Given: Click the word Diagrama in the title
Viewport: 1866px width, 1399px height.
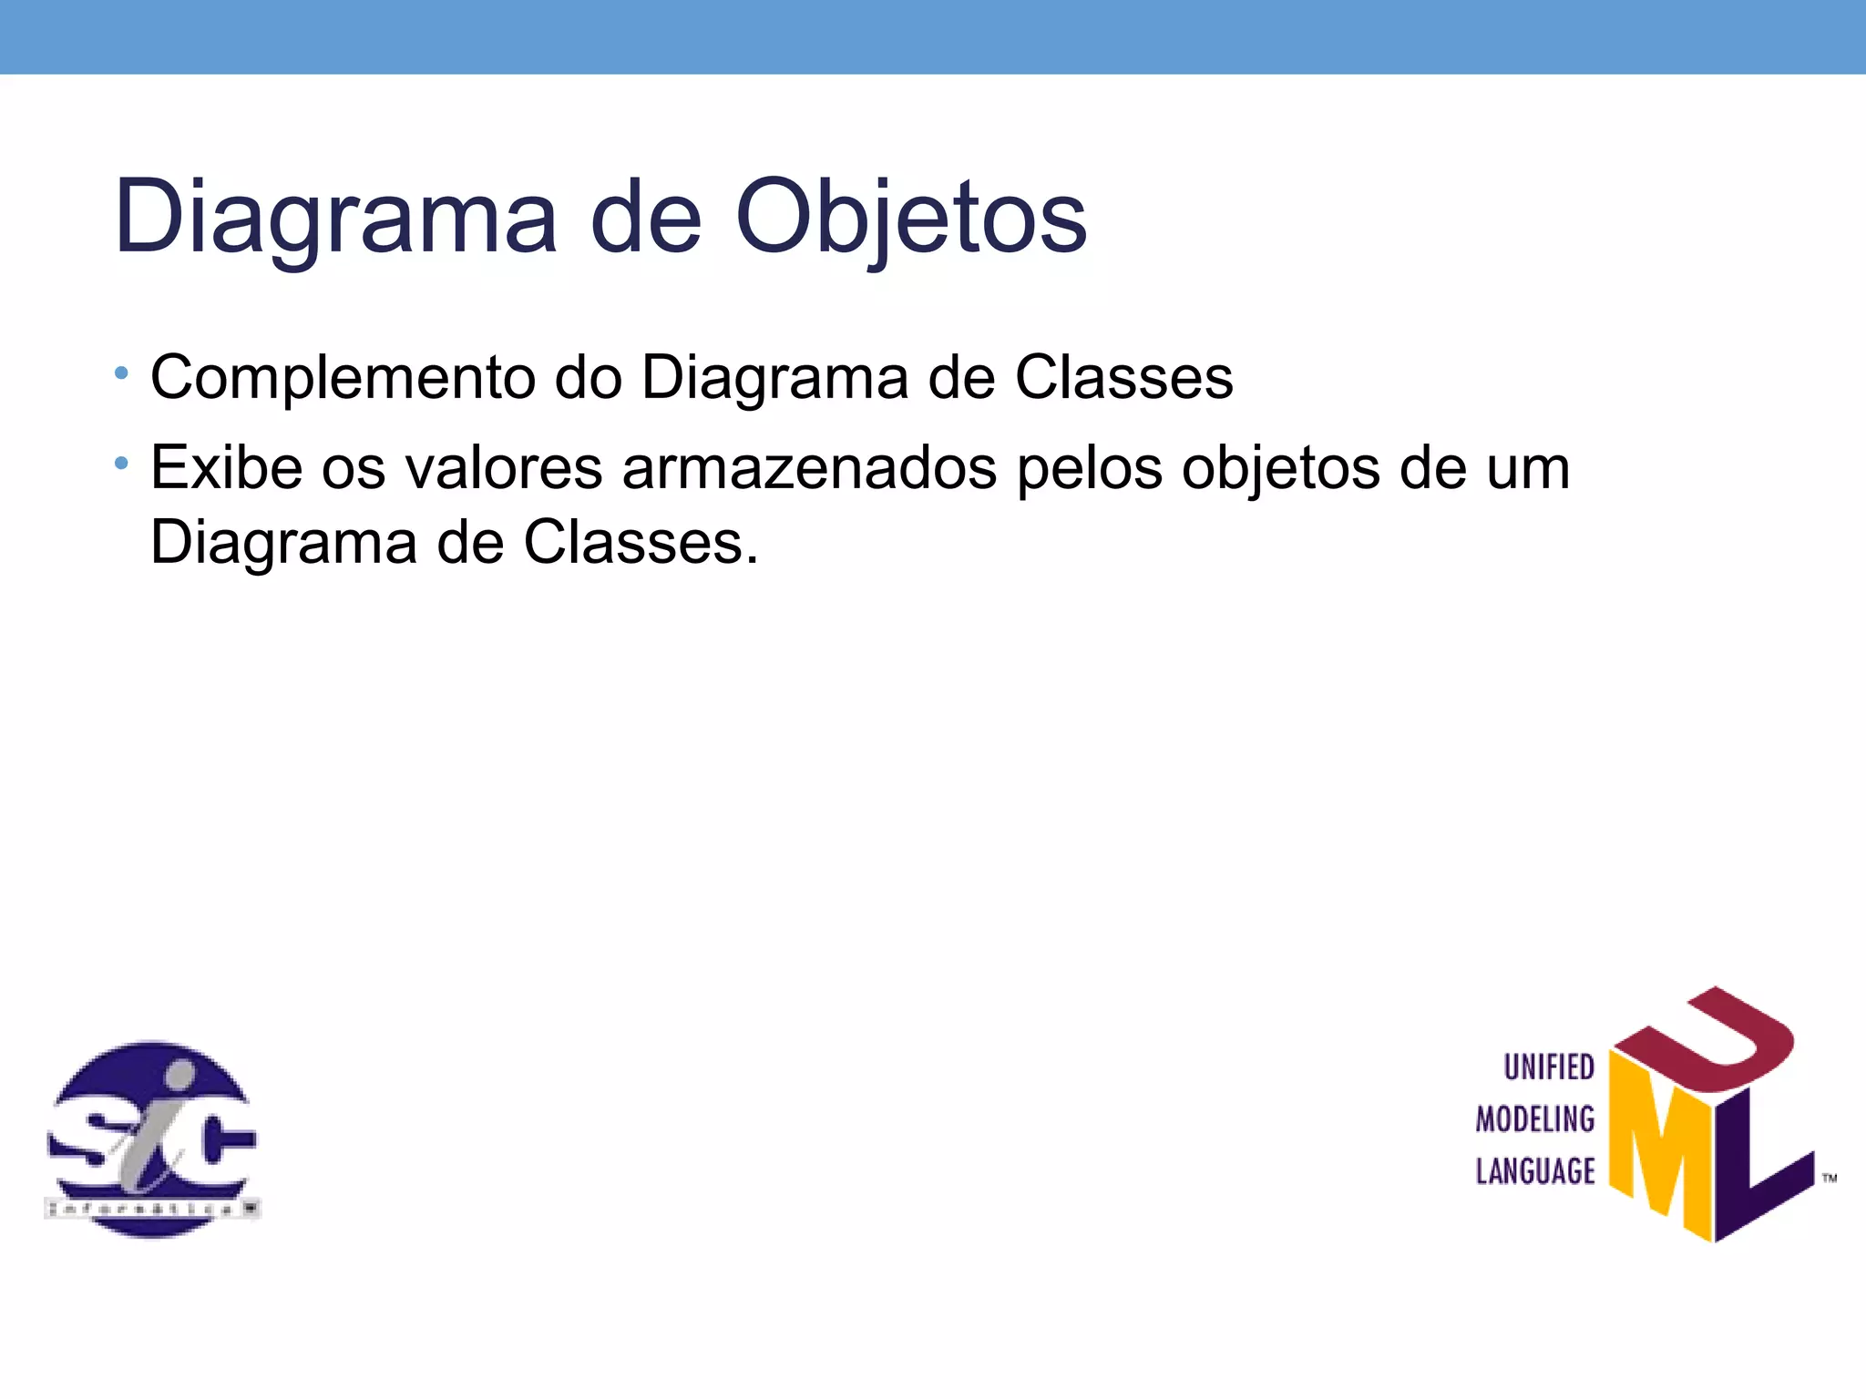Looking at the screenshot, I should click(334, 218).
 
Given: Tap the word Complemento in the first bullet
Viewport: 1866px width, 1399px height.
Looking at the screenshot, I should click(343, 377).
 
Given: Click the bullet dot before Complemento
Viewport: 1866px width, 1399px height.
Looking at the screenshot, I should click(122, 373).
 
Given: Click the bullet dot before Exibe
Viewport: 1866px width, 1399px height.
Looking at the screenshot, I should click(122, 465).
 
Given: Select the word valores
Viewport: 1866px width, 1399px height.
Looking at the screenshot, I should click(503, 467).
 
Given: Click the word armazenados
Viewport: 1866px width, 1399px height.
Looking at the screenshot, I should click(809, 467).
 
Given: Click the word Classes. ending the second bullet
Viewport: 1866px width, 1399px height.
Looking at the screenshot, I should click(640, 543).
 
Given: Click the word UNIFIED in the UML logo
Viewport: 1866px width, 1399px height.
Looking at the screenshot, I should click(1548, 1067).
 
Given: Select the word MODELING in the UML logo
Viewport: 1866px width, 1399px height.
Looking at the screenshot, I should click(1535, 1119).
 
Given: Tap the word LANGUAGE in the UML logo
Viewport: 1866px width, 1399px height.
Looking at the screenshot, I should click(1535, 1171).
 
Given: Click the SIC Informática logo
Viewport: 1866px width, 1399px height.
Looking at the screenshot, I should click(152, 1139).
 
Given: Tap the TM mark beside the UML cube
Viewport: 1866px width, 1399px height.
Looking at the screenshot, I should click(1829, 1179).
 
